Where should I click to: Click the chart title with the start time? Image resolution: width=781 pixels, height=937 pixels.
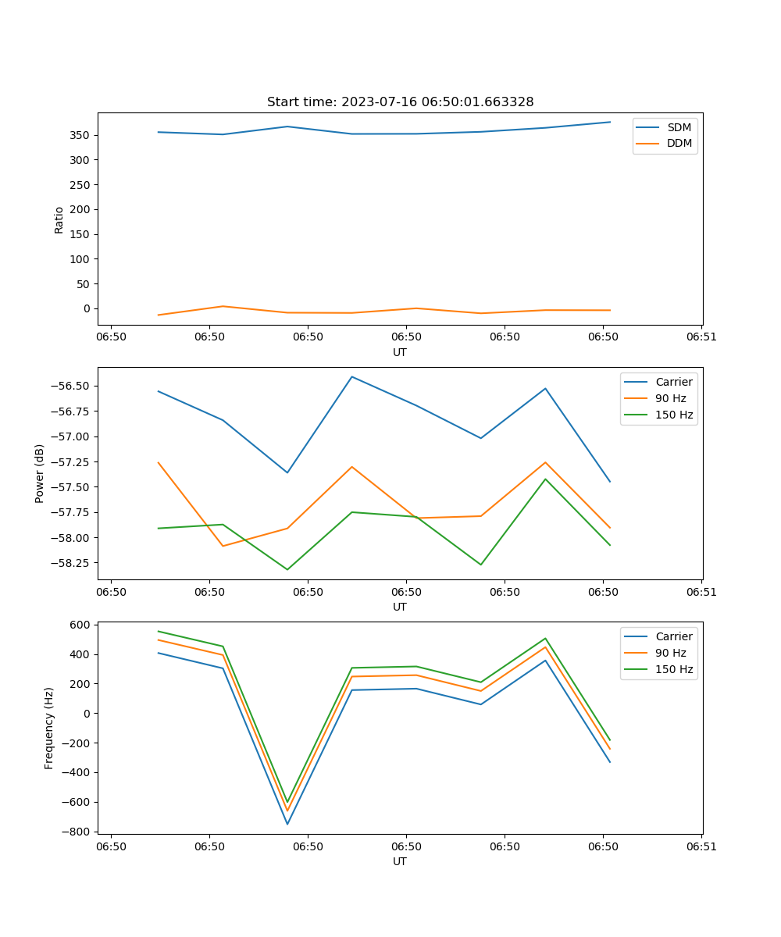pos(400,102)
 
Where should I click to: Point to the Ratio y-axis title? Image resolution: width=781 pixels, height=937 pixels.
pos(59,219)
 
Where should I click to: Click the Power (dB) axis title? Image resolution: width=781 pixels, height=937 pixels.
pos(40,473)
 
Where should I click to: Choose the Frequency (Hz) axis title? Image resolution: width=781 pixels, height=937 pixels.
pos(49,728)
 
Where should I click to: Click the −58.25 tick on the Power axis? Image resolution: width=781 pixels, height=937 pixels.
pos(70,562)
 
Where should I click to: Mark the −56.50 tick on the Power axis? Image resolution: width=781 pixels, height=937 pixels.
pos(70,386)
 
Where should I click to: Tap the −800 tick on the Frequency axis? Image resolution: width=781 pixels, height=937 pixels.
pos(77,832)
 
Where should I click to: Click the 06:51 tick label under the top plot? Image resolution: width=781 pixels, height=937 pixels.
pos(701,337)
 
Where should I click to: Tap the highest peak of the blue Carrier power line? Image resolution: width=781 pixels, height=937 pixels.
pos(352,376)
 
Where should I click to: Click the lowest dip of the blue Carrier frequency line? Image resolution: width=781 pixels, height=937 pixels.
pos(287,824)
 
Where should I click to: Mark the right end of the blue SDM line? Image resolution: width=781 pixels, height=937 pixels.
pos(610,122)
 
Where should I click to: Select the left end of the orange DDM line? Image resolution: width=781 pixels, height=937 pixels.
pos(159,315)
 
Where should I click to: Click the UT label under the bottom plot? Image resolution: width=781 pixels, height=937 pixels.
pos(400,861)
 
